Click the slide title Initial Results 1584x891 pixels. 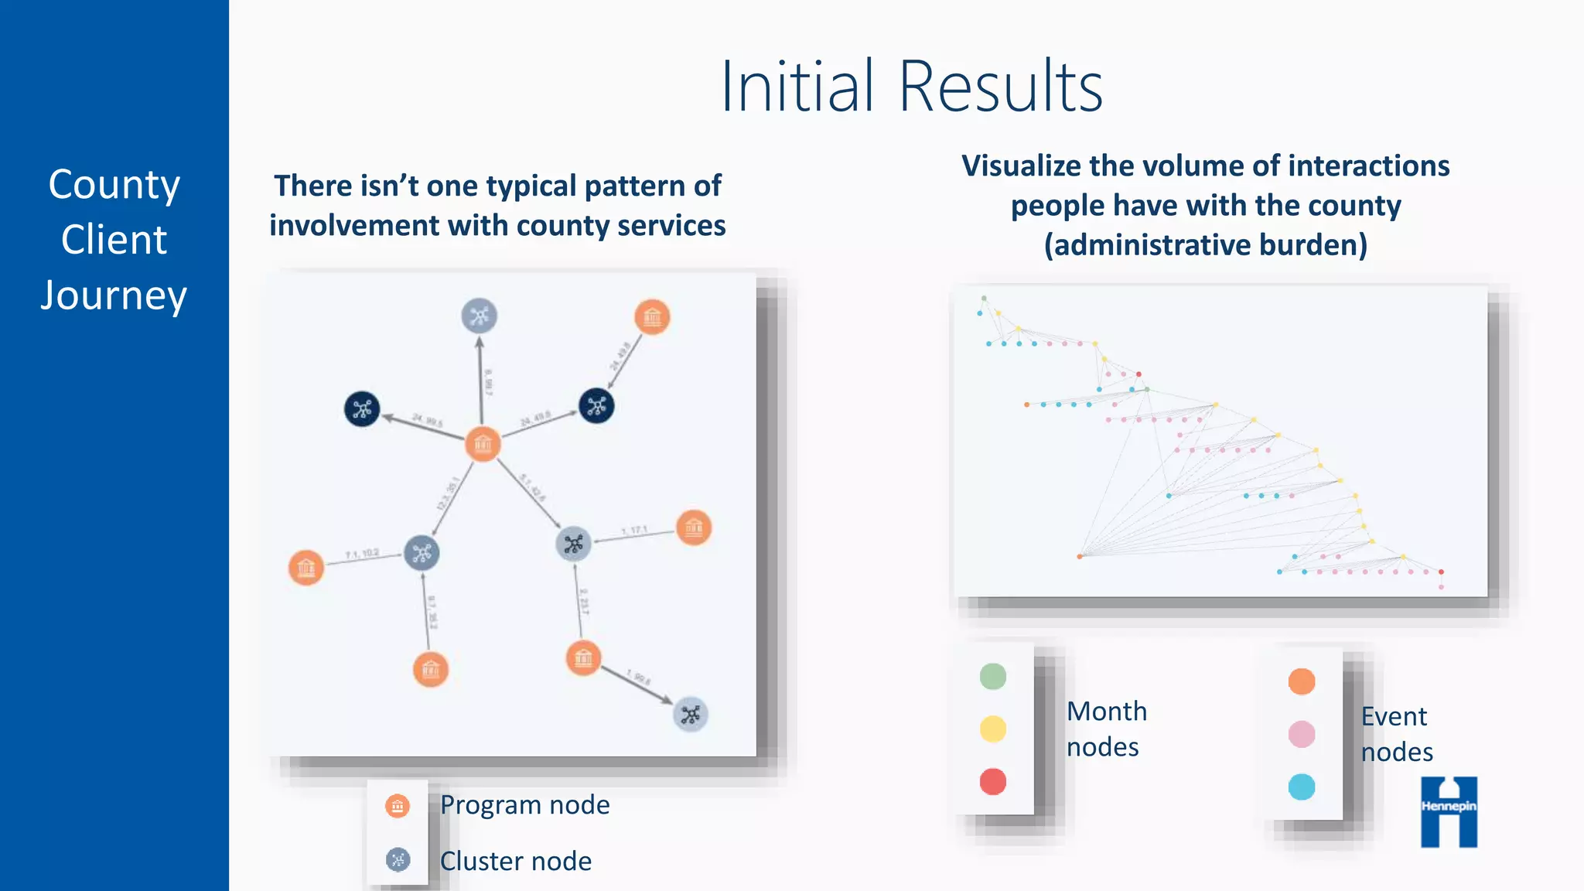point(911,87)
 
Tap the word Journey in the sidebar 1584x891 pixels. point(114,295)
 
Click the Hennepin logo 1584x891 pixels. point(1449,811)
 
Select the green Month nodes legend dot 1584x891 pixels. point(992,676)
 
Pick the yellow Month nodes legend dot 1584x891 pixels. point(992,729)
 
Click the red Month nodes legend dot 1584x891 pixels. point(992,781)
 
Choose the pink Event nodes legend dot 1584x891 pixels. point(1301,734)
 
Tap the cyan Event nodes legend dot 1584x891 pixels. point(1301,787)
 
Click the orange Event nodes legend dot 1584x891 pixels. point(1301,681)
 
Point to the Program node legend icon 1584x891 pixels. point(398,806)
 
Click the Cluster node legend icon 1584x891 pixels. point(398,859)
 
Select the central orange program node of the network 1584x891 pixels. point(483,444)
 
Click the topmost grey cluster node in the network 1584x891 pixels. point(479,316)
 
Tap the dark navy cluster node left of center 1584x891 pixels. point(362,409)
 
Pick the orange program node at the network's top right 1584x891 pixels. point(652,317)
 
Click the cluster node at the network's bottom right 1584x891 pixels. point(690,715)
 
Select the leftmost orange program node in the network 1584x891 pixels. point(306,568)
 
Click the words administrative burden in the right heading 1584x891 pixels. point(1205,245)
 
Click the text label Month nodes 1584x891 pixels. point(1106,729)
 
